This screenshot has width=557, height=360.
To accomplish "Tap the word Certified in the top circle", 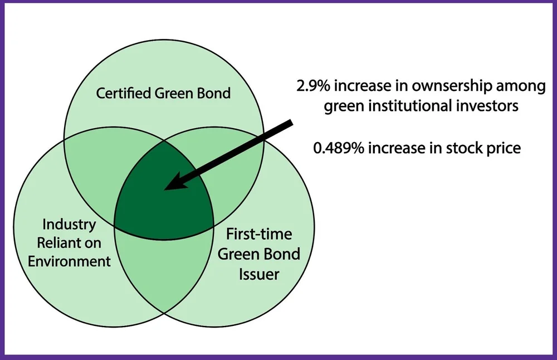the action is [122, 93].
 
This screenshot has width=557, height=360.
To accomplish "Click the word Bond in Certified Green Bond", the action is [213, 93].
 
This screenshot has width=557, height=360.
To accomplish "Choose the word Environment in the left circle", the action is [70, 261].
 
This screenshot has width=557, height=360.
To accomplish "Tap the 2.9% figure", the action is [312, 86].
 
